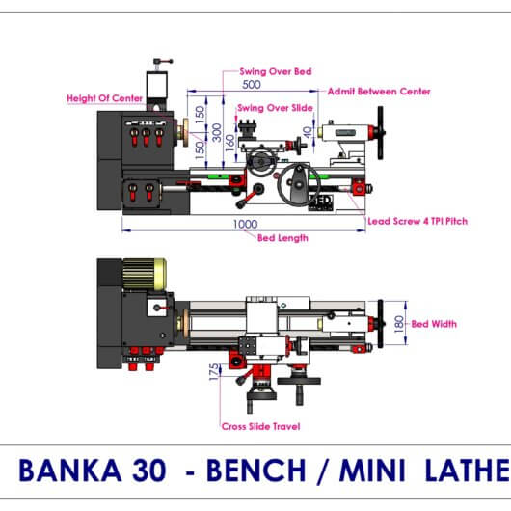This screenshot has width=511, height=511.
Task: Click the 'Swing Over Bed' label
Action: [276, 71]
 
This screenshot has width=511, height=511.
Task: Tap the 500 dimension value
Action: [252, 85]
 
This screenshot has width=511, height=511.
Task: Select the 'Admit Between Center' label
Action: [379, 92]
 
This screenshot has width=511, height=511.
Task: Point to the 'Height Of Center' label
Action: [105, 98]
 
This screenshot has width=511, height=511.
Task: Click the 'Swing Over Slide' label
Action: [275, 108]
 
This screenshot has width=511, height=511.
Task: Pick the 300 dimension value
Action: [216, 132]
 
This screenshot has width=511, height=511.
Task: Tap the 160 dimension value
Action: [230, 143]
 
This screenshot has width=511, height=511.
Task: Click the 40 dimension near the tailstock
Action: [307, 132]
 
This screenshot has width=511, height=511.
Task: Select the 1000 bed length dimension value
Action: [245, 224]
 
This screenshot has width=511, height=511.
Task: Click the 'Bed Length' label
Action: [282, 238]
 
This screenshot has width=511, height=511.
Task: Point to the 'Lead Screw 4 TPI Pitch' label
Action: [417, 221]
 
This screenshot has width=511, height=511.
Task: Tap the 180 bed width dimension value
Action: [399, 324]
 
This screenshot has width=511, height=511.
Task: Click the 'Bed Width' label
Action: [434, 324]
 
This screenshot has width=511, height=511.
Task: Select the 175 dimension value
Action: [214, 372]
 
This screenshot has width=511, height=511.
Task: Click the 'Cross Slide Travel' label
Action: [260, 426]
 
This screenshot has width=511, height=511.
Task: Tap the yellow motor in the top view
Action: [145, 275]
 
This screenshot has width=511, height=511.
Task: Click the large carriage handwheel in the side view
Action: [299, 185]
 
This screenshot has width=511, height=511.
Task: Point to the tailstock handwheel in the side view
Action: [380, 133]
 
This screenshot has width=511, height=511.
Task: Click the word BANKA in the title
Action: [70, 470]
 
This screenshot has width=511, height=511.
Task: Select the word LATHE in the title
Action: [468, 470]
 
